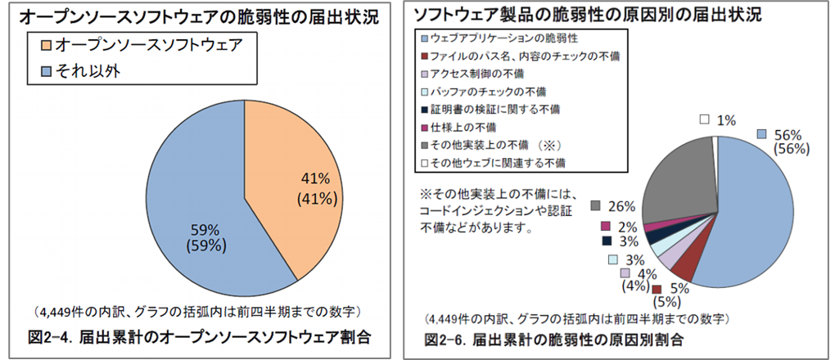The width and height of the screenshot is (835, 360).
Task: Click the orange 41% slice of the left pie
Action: click(x=303, y=205)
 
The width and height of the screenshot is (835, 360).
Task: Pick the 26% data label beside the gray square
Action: click(x=620, y=205)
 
